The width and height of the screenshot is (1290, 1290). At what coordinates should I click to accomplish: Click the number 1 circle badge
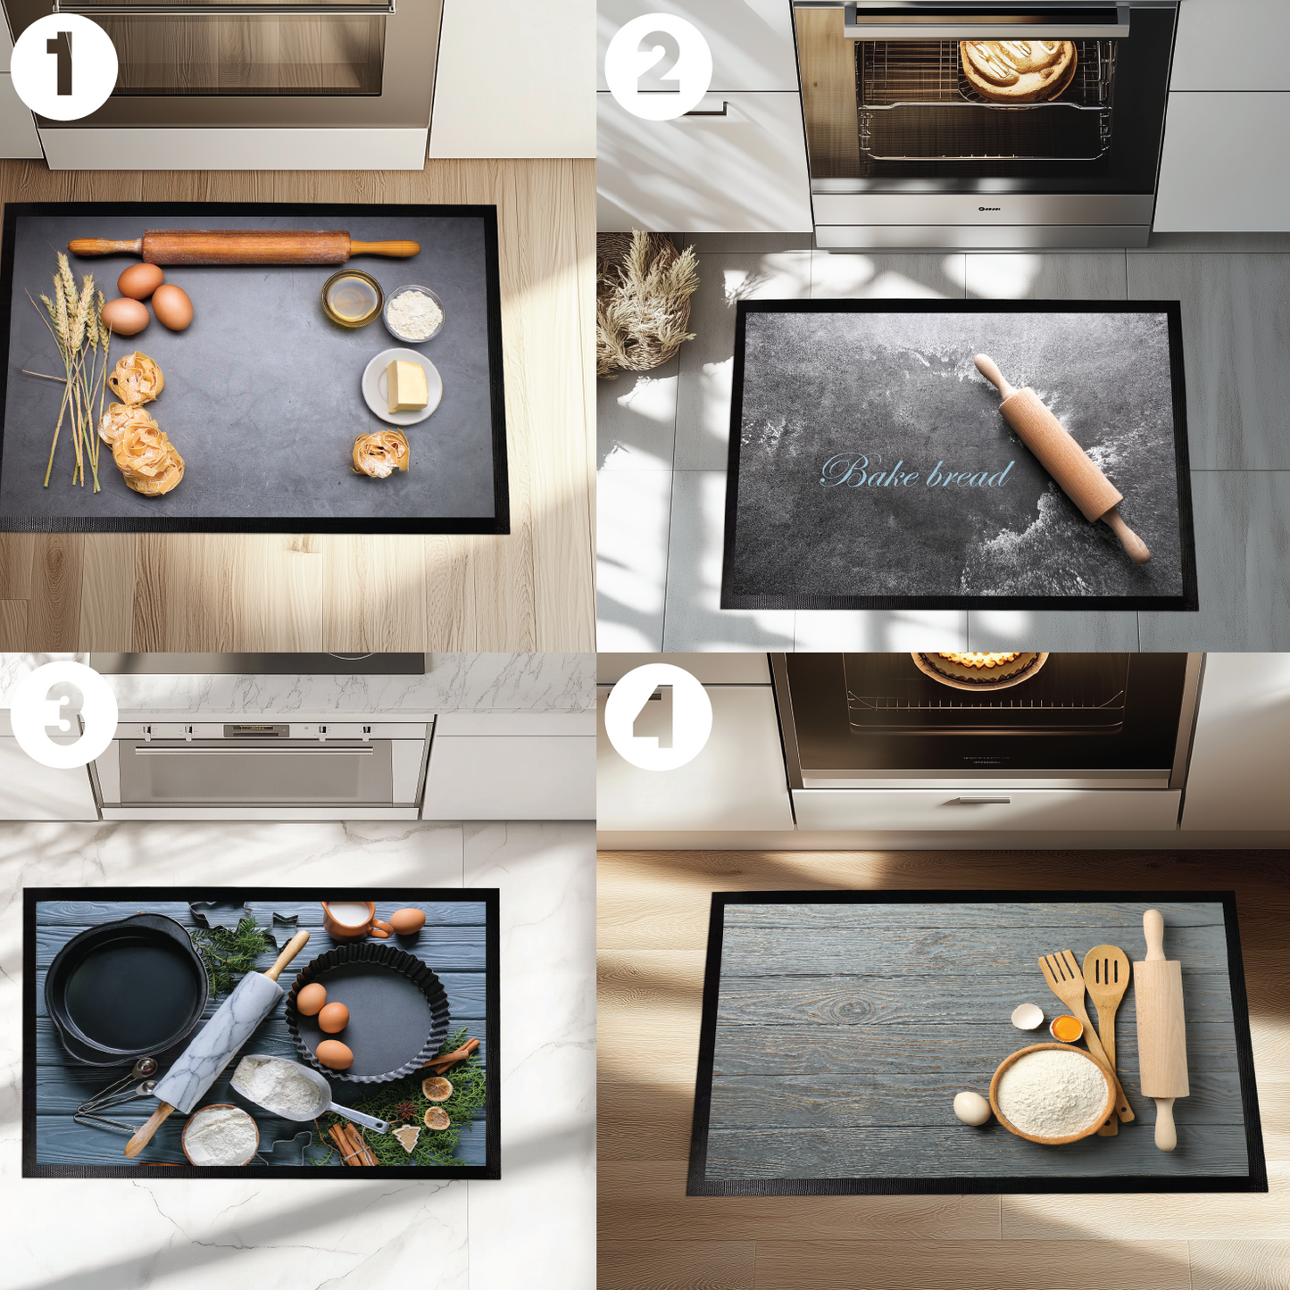63,66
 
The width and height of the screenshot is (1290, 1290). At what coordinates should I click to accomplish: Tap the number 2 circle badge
658,66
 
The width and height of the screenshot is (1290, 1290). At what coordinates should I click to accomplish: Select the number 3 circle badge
63,714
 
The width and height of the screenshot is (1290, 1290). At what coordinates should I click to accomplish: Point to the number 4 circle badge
658,716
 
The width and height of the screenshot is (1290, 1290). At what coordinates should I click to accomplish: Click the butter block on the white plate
406,386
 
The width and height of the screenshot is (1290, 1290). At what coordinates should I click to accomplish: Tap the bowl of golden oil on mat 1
352,298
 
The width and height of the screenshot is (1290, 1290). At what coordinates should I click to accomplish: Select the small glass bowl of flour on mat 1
414,313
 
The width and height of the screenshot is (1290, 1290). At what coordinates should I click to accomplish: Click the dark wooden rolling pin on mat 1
246,247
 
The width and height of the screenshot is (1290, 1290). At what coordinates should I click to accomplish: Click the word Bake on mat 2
870,472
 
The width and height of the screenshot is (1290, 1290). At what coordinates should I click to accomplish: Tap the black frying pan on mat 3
125,986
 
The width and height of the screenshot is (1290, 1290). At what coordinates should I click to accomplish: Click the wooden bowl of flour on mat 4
1052,1093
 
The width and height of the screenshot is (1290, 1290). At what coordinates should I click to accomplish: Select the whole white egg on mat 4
971,1108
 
